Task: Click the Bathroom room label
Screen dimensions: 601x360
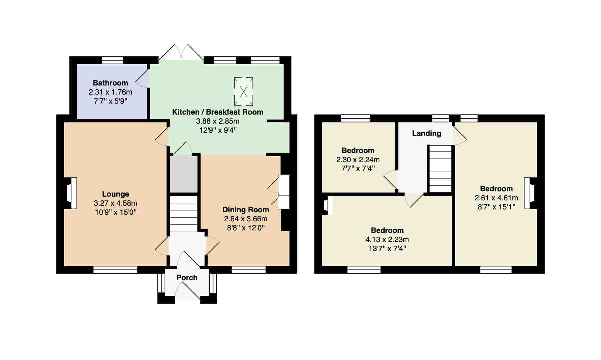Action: pos(110,83)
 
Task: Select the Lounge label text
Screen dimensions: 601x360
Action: pos(115,194)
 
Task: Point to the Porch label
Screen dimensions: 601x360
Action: pos(187,278)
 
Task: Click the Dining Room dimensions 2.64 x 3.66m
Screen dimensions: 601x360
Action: pos(246,219)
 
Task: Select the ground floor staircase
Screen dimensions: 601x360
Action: pos(184,214)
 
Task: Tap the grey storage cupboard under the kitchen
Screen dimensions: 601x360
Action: pos(184,174)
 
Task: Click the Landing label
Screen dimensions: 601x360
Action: pos(426,133)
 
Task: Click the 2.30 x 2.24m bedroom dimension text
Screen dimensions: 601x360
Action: pos(358,160)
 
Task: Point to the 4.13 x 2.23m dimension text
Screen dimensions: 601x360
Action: pos(387,239)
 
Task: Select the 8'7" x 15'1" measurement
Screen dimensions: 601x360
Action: pos(496,207)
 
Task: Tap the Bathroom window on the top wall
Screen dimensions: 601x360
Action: pos(112,60)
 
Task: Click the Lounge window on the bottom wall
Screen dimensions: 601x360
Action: pos(115,270)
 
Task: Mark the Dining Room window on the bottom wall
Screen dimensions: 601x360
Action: pos(249,270)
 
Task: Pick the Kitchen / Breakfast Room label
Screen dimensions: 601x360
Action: pos(218,112)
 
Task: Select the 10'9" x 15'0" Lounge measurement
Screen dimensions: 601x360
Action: pos(116,212)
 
